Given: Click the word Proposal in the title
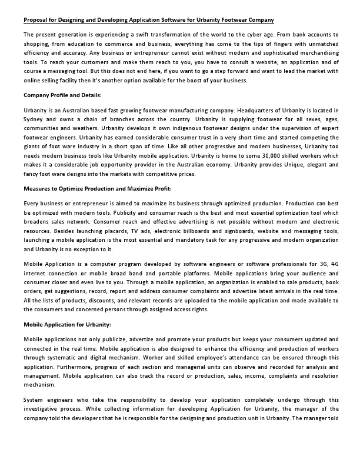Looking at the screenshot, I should tap(36, 19).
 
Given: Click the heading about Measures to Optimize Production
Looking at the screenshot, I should tap(97, 188).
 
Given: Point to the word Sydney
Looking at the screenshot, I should tap(34, 119).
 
